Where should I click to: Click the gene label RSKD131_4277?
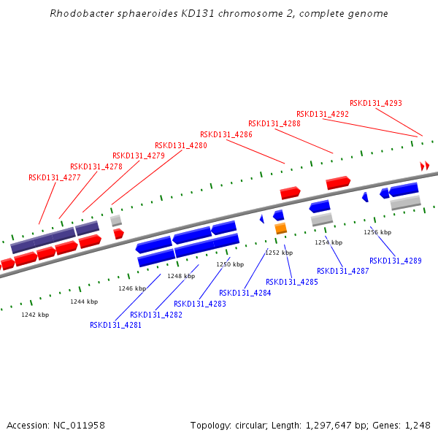pos(54,177)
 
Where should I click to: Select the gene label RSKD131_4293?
pos(375,104)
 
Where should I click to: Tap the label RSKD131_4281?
pos(115,326)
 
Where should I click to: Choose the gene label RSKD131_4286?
pos(226,134)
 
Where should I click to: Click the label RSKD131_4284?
pos(245,293)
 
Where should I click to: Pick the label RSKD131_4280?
pos(180,145)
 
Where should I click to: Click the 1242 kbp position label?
pos(35,315)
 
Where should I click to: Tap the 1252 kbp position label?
pos(279,253)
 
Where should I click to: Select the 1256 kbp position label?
pos(377,232)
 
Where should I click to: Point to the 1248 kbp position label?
pos(181,276)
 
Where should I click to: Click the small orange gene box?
pos(280,228)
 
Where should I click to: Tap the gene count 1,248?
pos(418,425)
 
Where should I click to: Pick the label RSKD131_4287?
pos(342,271)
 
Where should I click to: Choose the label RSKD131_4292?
pos(322,114)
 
